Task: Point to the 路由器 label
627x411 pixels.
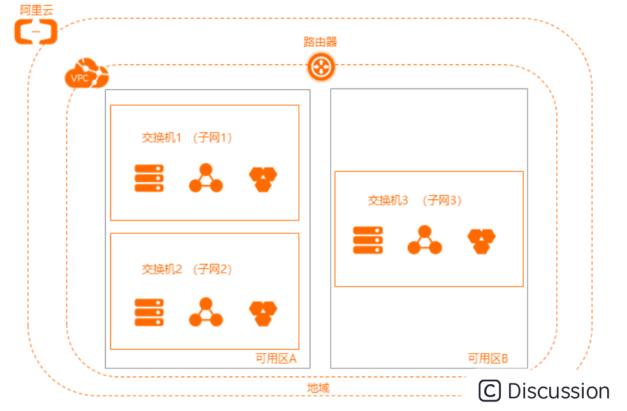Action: pos(320,43)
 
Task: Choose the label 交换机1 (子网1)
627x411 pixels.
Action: pos(186,138)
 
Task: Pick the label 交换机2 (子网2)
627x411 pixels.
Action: pos(186,270)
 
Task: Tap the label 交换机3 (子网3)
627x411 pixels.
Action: pos(414,201)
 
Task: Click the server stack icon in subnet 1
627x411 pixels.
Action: pos(149,178)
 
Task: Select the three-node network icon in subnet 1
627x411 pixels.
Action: pos(206,178)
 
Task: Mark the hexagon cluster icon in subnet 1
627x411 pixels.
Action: pos(263,179)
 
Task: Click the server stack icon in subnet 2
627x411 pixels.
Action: pos(149,312)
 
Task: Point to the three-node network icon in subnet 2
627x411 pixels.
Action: pos(206,312)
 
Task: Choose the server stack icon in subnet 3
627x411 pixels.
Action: pos(368,240)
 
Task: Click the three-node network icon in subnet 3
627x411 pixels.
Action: pos(424,240)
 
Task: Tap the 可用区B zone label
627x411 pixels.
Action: pos(487,358)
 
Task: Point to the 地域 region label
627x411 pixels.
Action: pos(319,388)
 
